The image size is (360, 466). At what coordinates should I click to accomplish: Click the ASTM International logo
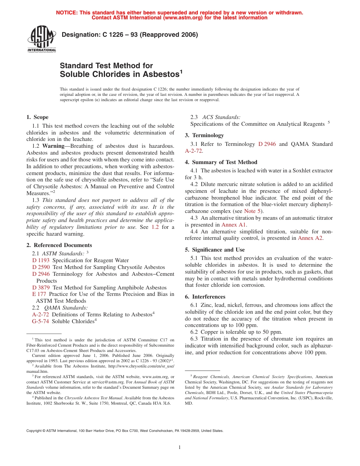tap(41, 39)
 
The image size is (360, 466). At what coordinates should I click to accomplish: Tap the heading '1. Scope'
tap(37, 117)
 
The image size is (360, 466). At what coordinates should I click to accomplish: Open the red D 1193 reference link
tap(41, 260)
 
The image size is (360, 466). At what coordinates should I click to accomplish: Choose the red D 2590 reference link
tap(41, 267)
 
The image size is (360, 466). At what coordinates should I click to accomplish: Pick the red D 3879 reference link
tap(41, 288)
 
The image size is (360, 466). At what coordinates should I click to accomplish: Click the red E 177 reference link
tap(39, 294)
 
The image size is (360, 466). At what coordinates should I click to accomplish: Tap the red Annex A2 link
tap(310, 238)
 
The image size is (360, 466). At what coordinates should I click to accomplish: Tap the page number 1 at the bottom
tap(180, 447)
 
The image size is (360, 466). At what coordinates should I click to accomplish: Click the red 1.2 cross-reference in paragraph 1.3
tap(155, 227)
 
